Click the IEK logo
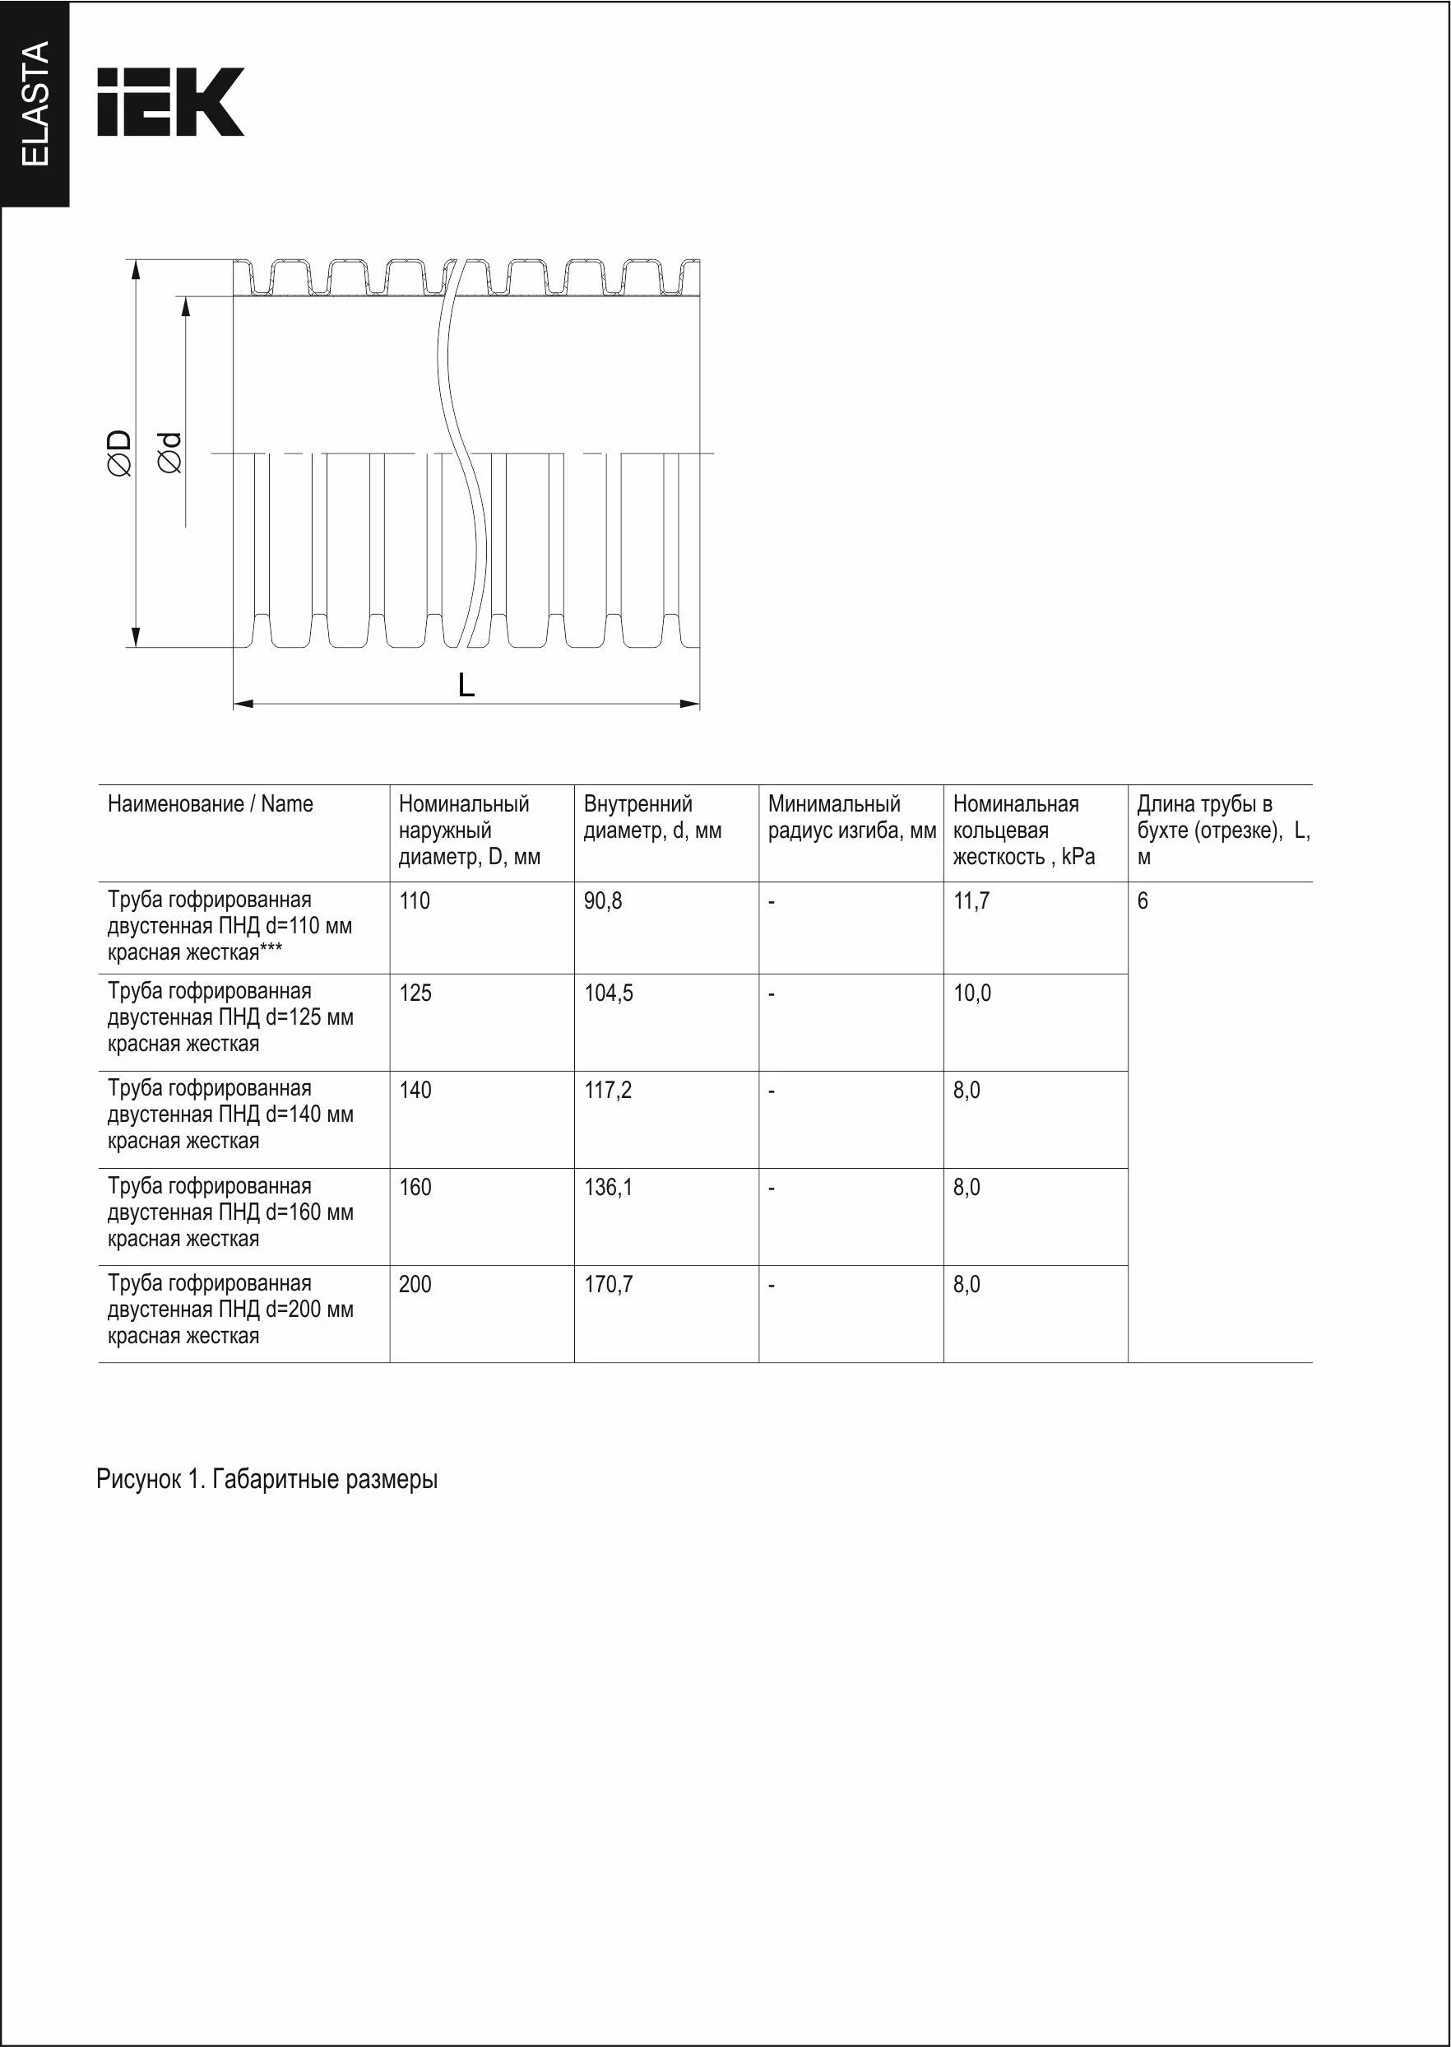(169, 102)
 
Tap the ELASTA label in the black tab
(35, 104)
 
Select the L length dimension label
(466, 686)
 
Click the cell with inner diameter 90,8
(603, 901)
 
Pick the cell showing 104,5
(609, 993)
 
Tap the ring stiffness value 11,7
(971, 901)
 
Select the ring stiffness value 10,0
(972, 993)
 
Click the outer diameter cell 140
(415, 1091)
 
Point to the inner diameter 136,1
(609, 1188)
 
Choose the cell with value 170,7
(609, 1285)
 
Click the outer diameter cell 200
(415, 1285)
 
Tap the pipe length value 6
(1143, 901)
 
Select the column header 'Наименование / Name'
(210, 803)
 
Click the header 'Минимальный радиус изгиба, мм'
(851, 817)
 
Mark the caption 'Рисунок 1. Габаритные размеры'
(267, 1479)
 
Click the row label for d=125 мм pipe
(230, 1017)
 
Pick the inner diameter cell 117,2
(608, 1091)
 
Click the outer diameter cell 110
(415, 901)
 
